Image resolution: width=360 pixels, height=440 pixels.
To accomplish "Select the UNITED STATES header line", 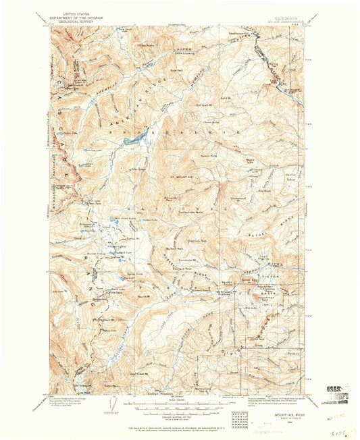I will (x=76, y=12).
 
